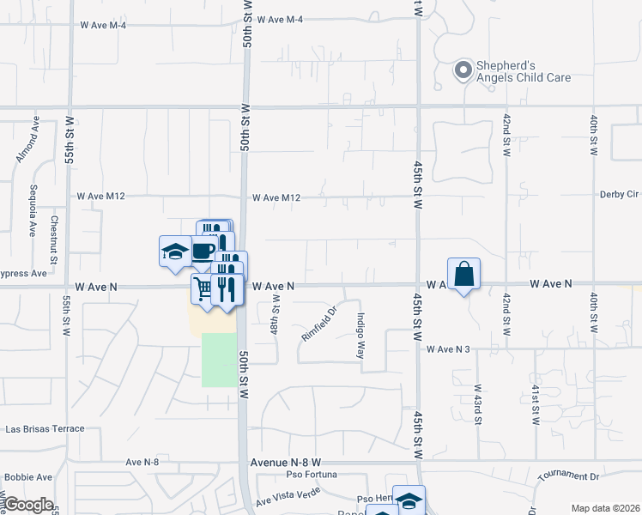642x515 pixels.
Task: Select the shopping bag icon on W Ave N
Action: tap(463, 275)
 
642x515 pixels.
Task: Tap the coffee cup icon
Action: tap(203, 251)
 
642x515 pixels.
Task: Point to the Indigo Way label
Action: tap(360, 335)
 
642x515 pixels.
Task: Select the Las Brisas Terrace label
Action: tap(45, 428)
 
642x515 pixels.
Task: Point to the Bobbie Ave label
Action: tap(28, 477)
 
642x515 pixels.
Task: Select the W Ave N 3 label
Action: tap(449, 348)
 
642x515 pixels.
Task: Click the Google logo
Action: tap(28, 505)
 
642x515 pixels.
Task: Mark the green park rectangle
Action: tap(218, 360)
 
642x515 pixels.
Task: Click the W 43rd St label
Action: tap(477, 404)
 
